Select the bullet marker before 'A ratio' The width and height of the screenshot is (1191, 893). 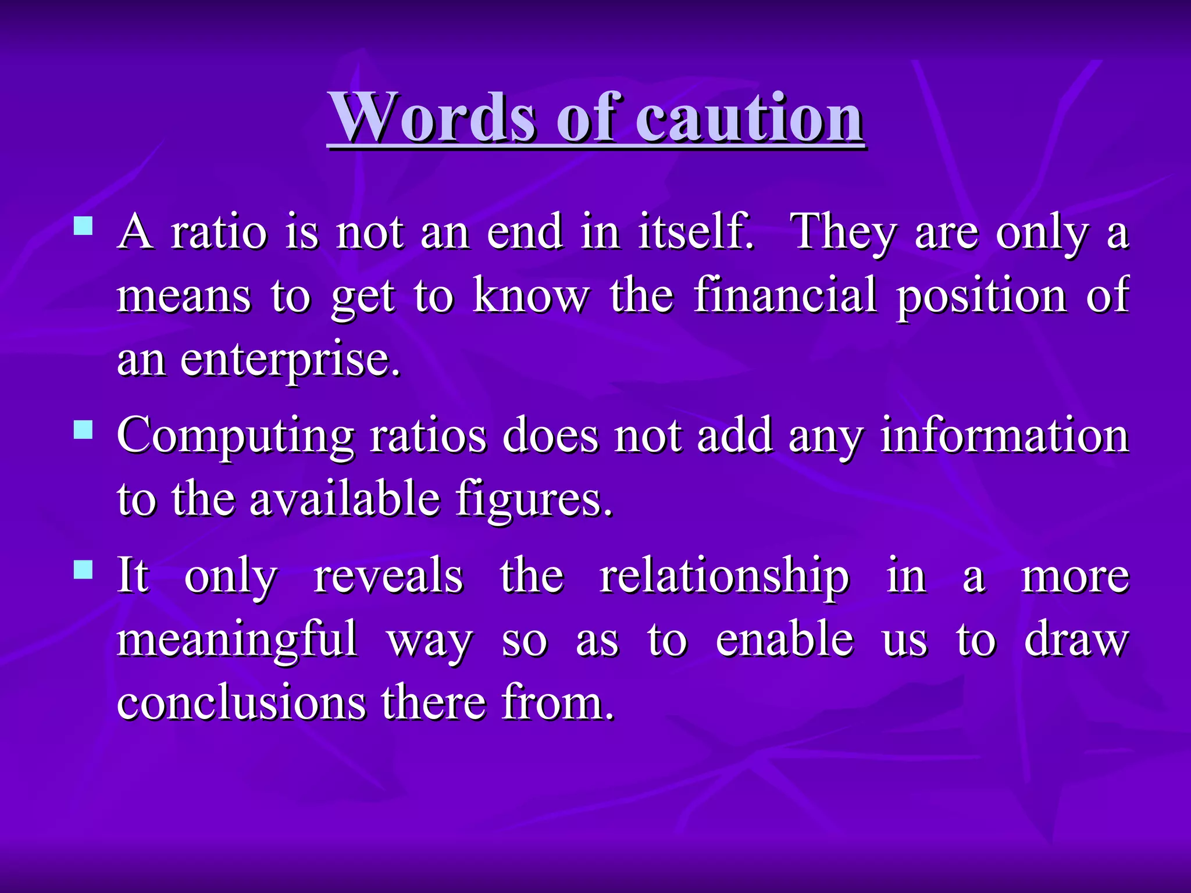84,226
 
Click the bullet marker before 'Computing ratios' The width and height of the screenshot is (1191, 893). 84,430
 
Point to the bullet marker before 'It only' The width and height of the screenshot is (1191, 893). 84,570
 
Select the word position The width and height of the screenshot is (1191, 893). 982,297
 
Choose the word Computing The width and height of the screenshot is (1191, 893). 236,436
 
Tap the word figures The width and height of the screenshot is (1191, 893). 534,500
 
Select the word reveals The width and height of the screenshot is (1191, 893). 388,576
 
